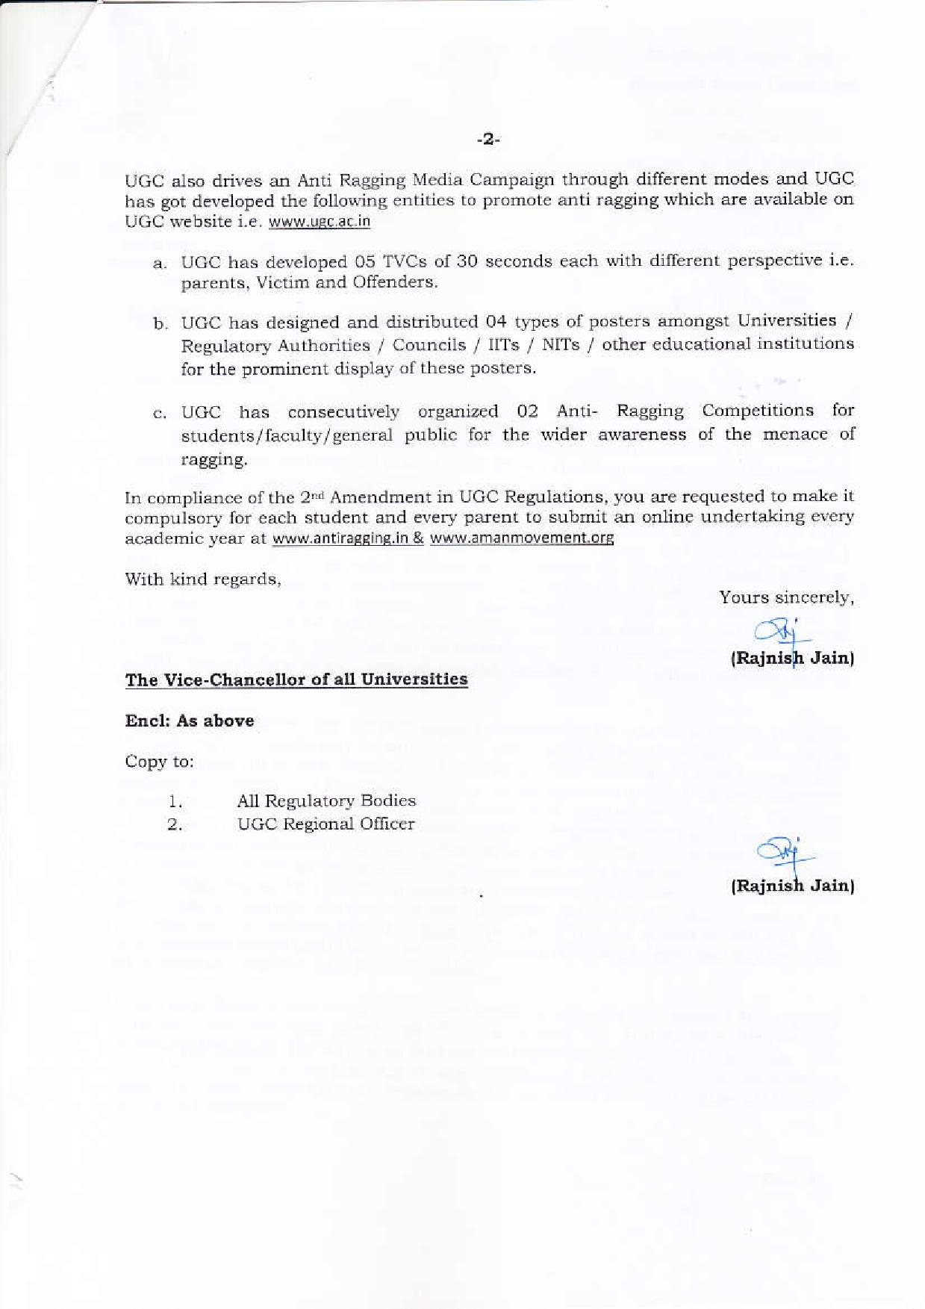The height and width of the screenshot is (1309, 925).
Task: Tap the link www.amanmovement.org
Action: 522,538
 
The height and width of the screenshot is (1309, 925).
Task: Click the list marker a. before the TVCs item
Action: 159,264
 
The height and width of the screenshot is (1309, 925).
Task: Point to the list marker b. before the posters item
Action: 160,324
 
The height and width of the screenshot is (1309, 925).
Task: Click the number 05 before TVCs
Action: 366,262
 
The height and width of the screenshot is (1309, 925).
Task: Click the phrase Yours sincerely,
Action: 786,597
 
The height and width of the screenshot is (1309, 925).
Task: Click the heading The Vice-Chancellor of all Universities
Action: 296,680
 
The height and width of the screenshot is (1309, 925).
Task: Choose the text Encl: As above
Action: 190,721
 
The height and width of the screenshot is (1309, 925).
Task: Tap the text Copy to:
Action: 159,762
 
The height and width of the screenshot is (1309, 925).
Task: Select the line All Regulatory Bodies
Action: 326,800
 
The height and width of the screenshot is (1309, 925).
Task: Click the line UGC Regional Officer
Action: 326,824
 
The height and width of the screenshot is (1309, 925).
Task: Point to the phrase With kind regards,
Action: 202,579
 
